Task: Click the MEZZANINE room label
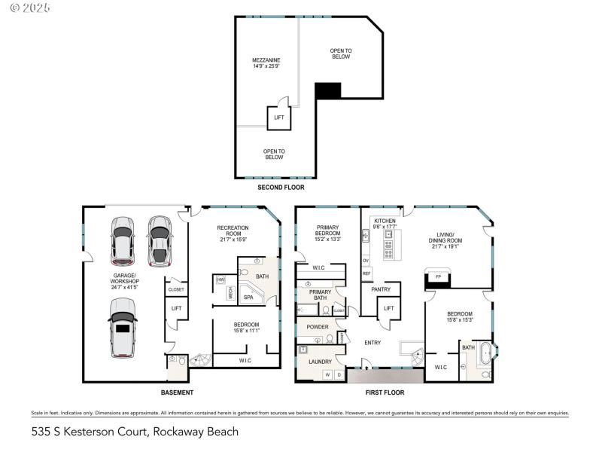pos(267,63)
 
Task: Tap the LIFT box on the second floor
pos(279,118)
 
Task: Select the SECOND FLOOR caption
pos(281,187)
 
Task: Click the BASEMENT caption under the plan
pos(177,392)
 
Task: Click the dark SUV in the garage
pos(160,241)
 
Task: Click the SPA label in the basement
pos(248,298)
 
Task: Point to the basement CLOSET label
pos(176,289)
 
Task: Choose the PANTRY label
pos(380,289)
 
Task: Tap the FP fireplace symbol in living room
pos(437,277)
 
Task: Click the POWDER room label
pos(318,327)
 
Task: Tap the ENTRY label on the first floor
pos(372,343)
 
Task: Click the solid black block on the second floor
pos(328,90)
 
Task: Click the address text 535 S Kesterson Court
pos(135,432)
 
